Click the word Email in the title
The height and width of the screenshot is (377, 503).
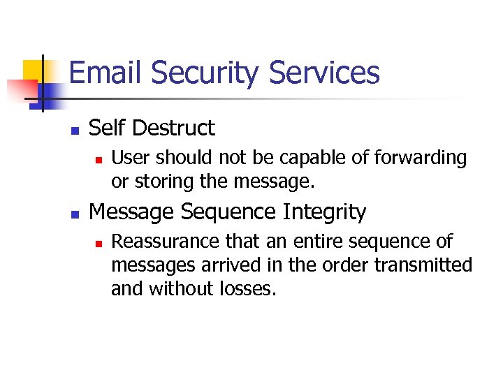point(106,73)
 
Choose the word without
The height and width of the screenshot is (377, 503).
point(182,288)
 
